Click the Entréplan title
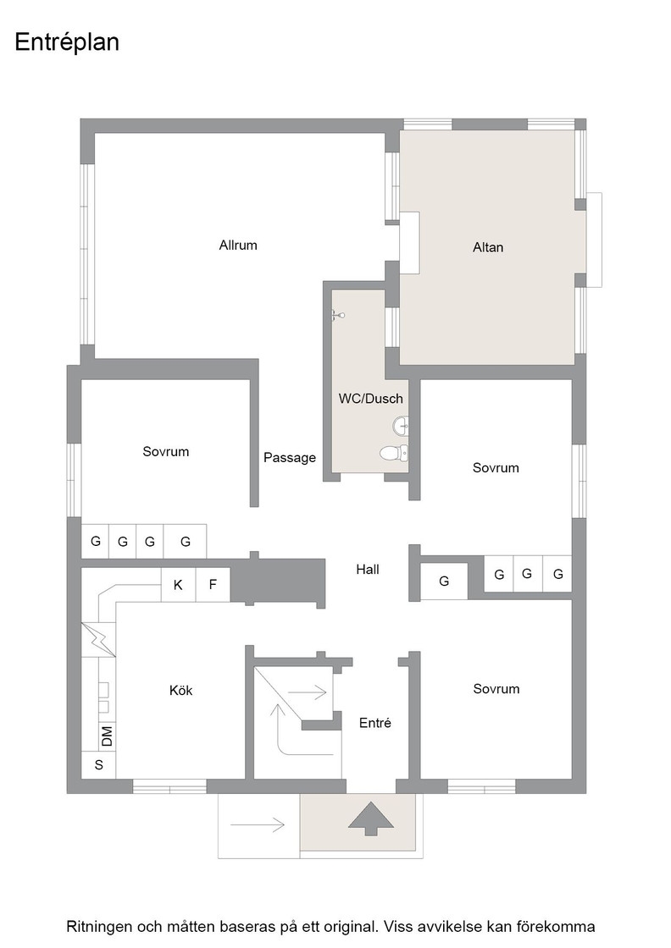click(67, 42)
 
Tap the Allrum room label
click(238, 245)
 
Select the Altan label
click(488, 246)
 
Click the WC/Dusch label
click(370, 399)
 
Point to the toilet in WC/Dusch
click(394, 452)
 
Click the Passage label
click(289, 458)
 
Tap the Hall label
click(367, 569)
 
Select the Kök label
click(180, 690)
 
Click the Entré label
click(375, 723)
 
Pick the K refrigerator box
click(178, 585)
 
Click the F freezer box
click(213, 585)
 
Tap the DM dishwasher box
click(107, 736)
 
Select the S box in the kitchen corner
click(98, 765)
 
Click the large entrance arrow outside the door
click(371, 818)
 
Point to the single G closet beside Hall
click(444, 581)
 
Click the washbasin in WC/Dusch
click(401, 427)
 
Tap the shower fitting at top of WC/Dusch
click(337, 314)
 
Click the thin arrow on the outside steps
click(258, 824)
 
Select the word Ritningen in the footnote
click(99, 926)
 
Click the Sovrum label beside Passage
click(166, 452)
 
